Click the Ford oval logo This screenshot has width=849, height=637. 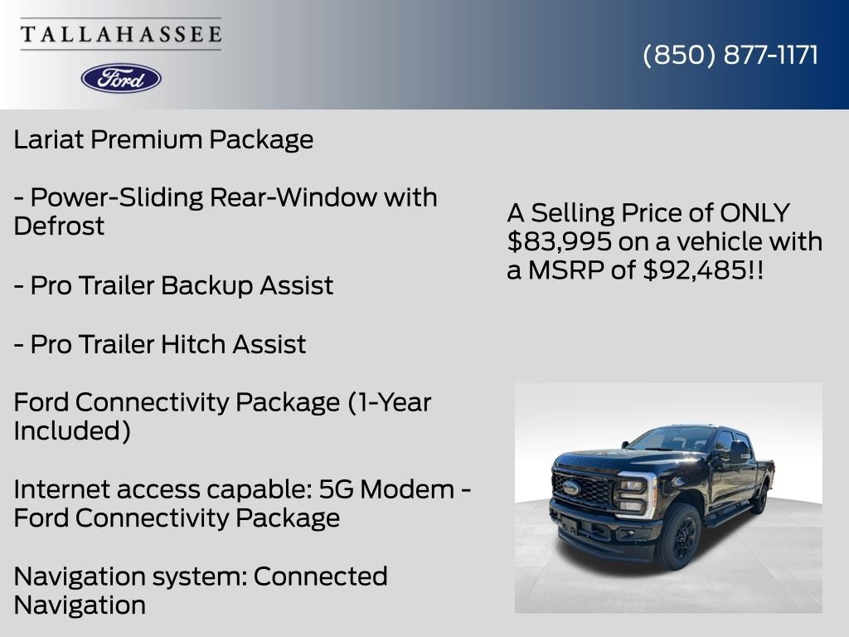(x=121, y=78)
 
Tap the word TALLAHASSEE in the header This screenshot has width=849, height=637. (x=121, y=34)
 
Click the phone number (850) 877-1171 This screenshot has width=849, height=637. (x=730, y=55)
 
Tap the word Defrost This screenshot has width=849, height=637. (x=59, y=226)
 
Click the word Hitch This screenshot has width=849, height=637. (x=194, y=344)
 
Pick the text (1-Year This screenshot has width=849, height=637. (x=389, y=402)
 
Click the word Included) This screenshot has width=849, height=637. (x=72, y=431)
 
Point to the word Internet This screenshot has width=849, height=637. (x=61, y=489)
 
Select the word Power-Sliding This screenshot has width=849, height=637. (x=117, y=197)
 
